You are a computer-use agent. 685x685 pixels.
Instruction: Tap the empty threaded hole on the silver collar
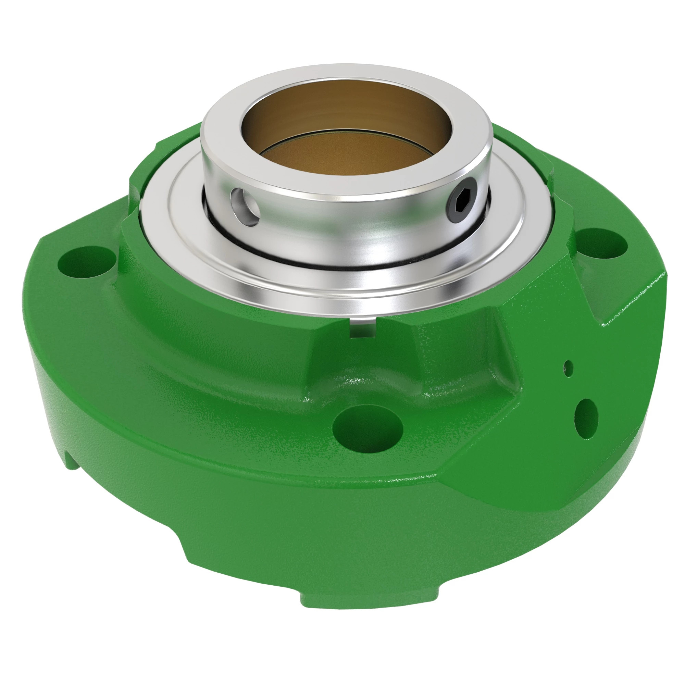[x=246, y=207]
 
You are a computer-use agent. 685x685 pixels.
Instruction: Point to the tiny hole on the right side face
[x=568, y=369]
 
